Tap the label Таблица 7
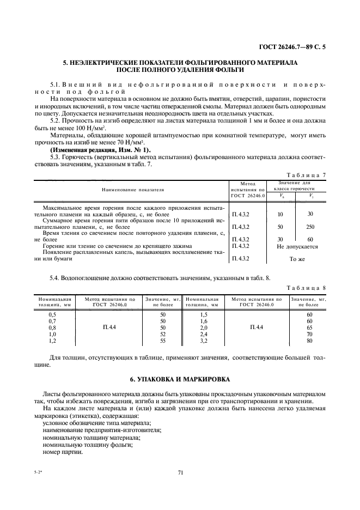306,174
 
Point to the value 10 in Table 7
280,214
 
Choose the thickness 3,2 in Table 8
203,341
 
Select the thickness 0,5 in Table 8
52,314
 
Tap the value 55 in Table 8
162,341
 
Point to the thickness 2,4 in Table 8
203,334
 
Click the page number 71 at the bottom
180,472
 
